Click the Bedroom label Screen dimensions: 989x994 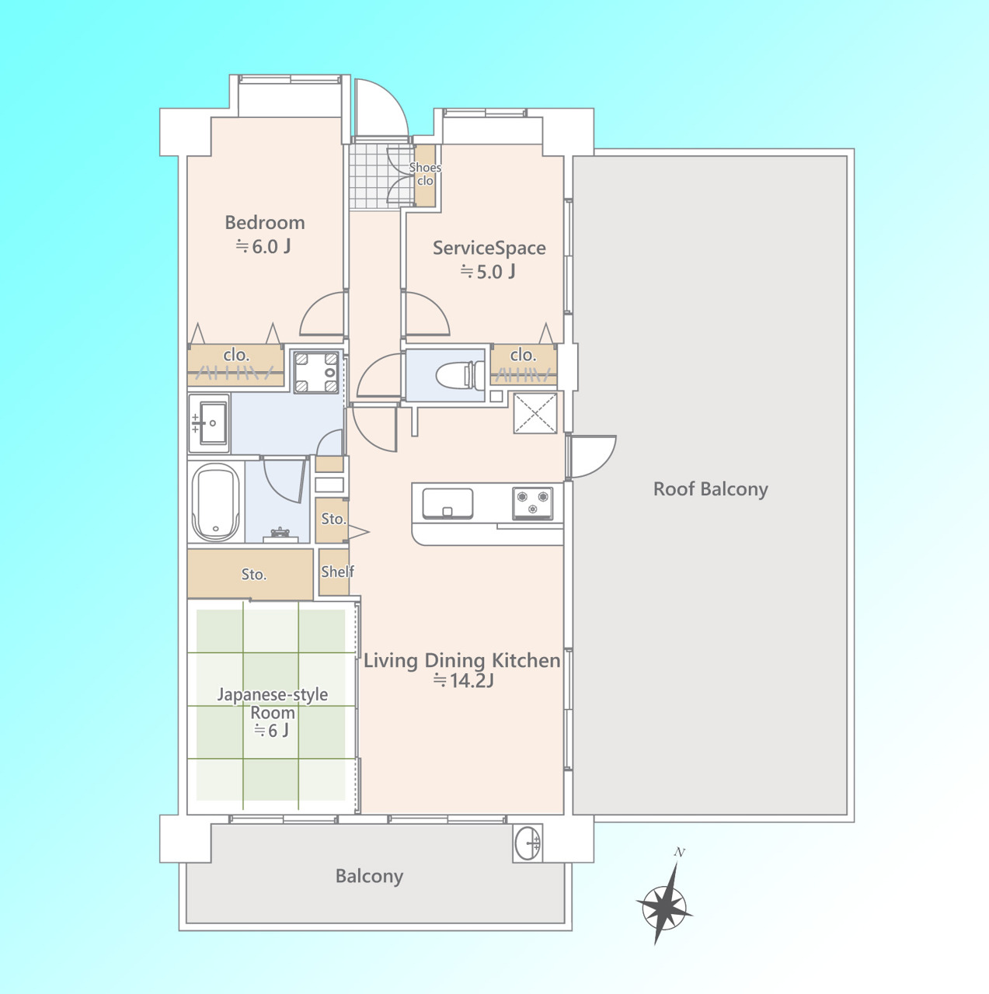coord(265,223)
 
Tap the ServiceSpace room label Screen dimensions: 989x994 coord(489,248)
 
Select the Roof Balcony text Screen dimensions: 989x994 coord(711,489)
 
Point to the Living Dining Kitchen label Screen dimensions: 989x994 coord(462,661)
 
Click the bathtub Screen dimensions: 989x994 coord(216,502)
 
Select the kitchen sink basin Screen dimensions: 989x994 coord(447,503)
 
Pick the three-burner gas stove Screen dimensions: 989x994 coord(532,503)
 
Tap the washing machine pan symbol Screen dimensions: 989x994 coord(316,373)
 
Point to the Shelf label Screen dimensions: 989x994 coord(338,572)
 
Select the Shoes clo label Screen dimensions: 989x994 coord(425,174)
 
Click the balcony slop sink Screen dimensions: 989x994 coord(528,843)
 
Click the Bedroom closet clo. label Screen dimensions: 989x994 coord(236,355)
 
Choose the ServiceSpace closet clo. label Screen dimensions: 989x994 coord(524,355)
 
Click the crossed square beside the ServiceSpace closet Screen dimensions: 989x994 coord(535,412)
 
